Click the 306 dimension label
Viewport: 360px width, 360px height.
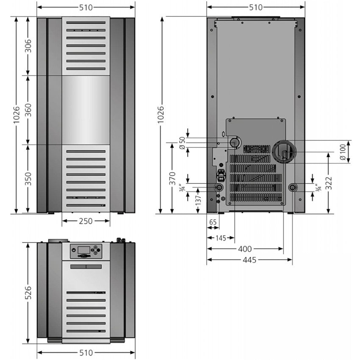[28, 46]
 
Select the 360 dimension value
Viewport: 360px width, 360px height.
[28, 110]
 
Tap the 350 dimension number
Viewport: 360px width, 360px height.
[28, 179]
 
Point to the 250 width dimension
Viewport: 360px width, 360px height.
[86, 221]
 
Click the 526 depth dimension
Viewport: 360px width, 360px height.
[28, 293]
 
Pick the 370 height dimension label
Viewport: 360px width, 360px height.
[172, 178]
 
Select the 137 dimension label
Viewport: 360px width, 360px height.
[198, 199]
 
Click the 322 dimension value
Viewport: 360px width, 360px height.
[329, 183]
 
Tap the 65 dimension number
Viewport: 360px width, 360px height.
[213, 222]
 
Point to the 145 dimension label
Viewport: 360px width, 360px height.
[221, 238]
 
